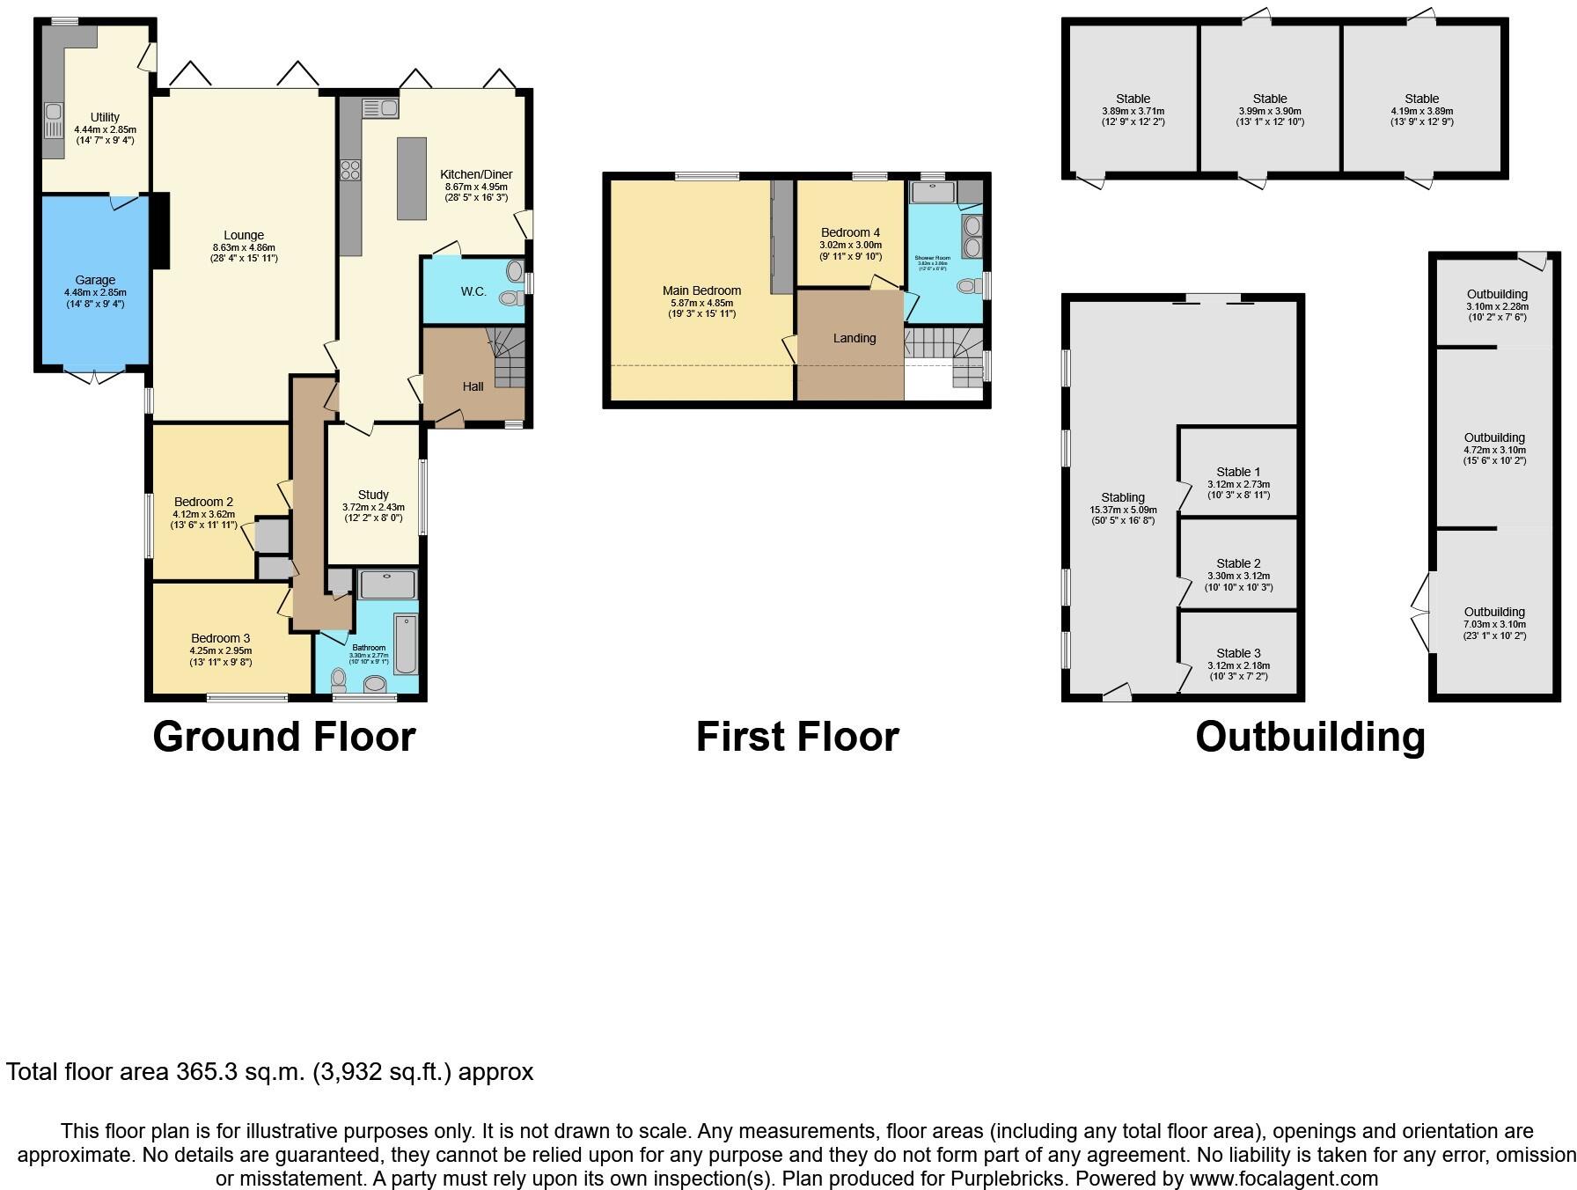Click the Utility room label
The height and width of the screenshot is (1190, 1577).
coord(105,117)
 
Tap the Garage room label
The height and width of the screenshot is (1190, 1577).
coord(95,281)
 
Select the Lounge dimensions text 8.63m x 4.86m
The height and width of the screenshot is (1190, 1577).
coord(244,247)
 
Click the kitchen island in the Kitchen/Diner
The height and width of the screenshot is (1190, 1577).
coord(411,178)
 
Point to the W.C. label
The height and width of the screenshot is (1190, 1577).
coord(473,291)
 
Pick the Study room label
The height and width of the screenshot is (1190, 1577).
coord(373,495)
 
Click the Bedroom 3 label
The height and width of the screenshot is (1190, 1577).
coord(221,638)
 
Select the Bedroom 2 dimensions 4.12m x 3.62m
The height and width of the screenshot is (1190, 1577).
coord(203,514)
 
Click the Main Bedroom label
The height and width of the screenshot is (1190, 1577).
coord(701,290)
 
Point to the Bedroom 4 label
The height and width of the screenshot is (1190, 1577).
coord(850,233)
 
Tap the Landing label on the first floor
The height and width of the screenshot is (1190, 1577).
coord(855,338)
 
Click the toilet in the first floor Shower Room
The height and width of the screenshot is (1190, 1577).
coord(968,285)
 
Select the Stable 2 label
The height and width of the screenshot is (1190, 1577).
coord(1238,563)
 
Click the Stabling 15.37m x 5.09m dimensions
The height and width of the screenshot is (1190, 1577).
coord(1122,510)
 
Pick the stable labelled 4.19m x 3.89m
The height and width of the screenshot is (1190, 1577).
coord(1421,111)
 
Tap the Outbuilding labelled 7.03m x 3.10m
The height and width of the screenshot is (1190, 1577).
coord(1493,623)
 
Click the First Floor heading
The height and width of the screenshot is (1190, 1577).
coord(797,737)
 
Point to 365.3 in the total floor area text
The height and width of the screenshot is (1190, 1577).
coord(211,1072)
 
